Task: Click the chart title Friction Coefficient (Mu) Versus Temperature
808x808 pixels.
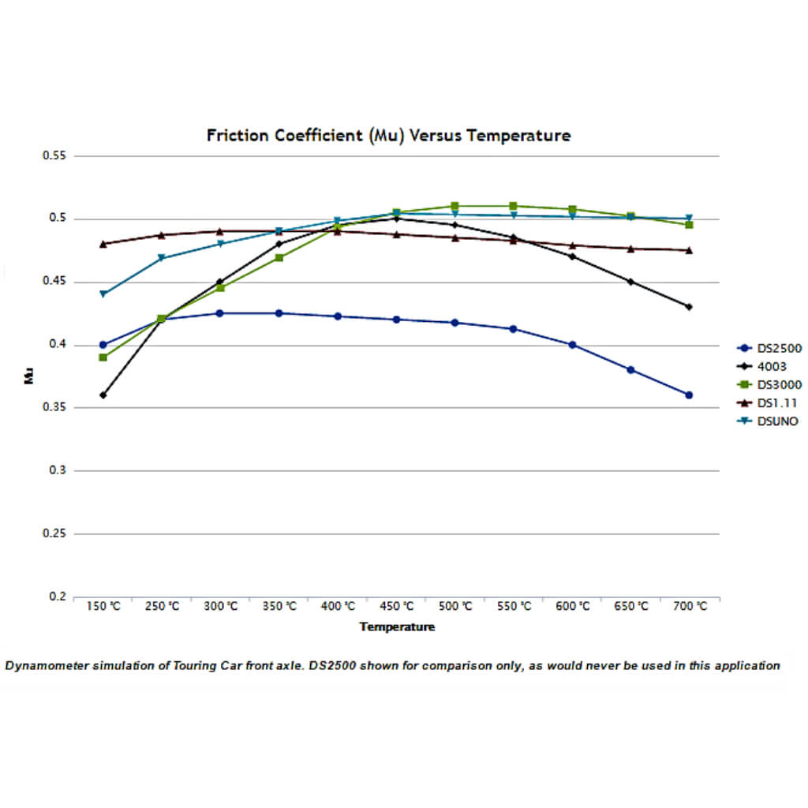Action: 388,135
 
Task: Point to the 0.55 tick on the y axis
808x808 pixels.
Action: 54,156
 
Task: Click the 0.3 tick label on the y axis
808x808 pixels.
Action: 57,470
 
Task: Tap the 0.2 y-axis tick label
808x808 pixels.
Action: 57,597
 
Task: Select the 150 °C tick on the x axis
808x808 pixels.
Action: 103,606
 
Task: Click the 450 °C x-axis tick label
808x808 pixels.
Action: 396,606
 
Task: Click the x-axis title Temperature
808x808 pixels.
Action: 397,627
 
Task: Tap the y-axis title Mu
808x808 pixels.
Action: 29,376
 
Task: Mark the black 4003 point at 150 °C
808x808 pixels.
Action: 103,395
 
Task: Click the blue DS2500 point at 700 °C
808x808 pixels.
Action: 689,395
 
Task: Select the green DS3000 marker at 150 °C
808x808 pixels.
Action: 103,357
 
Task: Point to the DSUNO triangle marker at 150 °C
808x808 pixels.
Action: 103,294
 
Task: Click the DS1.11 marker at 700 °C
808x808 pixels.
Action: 689,250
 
